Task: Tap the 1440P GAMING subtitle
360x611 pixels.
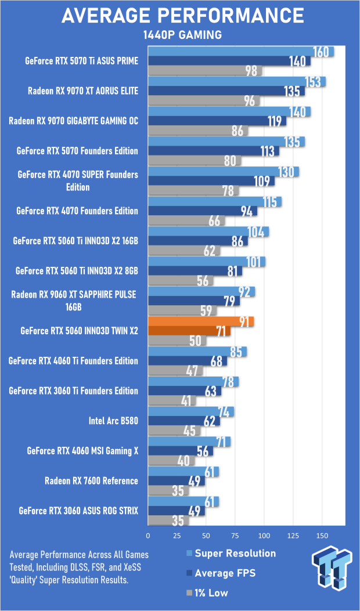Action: tap(182, 35)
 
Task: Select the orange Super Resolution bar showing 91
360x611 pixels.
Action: tap(200, 321)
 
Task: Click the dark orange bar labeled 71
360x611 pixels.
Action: tap(189, 331)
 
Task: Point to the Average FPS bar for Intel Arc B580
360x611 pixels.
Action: tap(183, 421)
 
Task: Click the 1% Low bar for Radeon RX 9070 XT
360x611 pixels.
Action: tap(203, 101)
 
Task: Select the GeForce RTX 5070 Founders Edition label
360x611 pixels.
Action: tap(77, 151)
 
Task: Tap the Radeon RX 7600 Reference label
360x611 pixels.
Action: tap(91, 480)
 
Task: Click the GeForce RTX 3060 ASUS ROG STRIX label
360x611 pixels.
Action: tap(78, 511)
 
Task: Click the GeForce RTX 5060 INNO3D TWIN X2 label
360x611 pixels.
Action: tap(79, 331)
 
